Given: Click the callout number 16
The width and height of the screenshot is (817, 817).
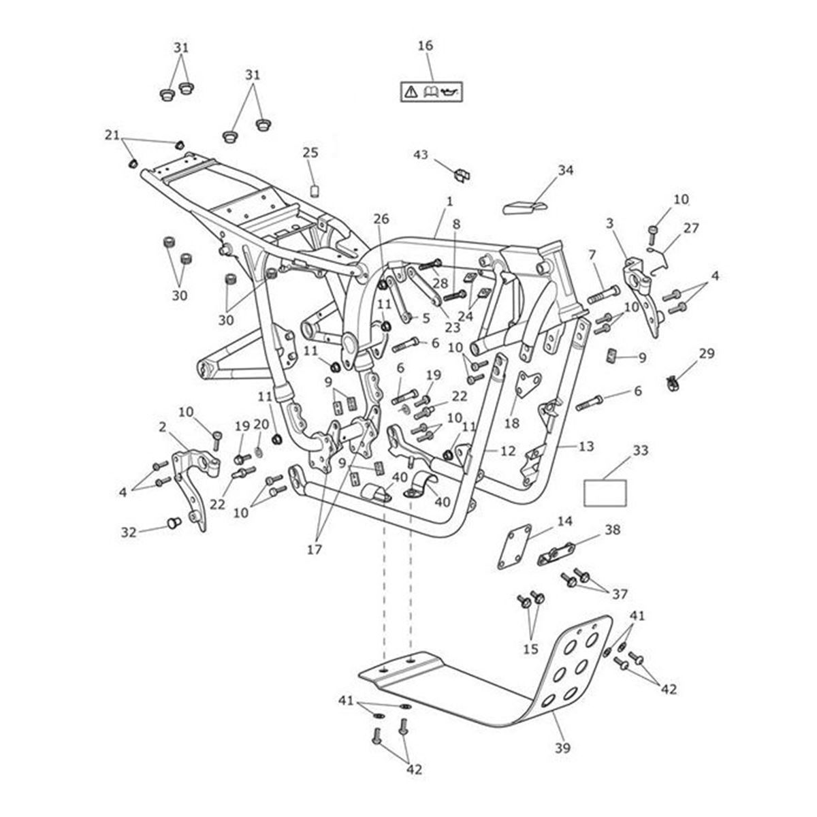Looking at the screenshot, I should click(x=425, y=46).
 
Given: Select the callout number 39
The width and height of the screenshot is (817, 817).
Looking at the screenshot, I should click(x=562, y=748).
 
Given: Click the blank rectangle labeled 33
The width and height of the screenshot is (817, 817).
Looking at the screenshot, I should click(x=605, y=492).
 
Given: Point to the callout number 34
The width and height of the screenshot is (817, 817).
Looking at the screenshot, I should click(x=566, y=170).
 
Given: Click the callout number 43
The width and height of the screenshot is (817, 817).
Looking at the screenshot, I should click(x=421, y=155).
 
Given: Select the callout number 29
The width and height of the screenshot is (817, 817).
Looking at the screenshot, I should click(x=707, y=353).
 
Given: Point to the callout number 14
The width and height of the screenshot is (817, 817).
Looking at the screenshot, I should click(x=564, y=522).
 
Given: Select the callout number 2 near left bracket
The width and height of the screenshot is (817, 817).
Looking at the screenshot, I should click(x=162, y=428).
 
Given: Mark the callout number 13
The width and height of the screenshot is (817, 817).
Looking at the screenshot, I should click(x=586, y=446).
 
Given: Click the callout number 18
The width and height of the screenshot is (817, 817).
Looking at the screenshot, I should click(x=512, y=423).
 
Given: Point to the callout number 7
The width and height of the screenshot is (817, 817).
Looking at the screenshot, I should click(x=592, y=255).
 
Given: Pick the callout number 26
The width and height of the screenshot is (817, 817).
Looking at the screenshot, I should click(x=381, y=219).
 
